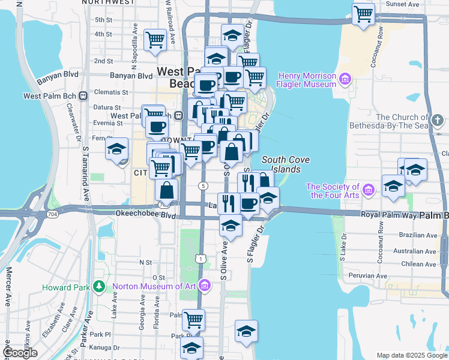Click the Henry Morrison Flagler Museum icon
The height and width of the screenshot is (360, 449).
[345, 79]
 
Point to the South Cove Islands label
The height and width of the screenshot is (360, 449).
[281, 164]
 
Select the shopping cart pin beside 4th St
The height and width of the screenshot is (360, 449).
[155, 40]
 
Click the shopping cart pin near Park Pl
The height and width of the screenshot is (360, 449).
[193, 320]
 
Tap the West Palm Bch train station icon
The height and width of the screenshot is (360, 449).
[83, 95]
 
